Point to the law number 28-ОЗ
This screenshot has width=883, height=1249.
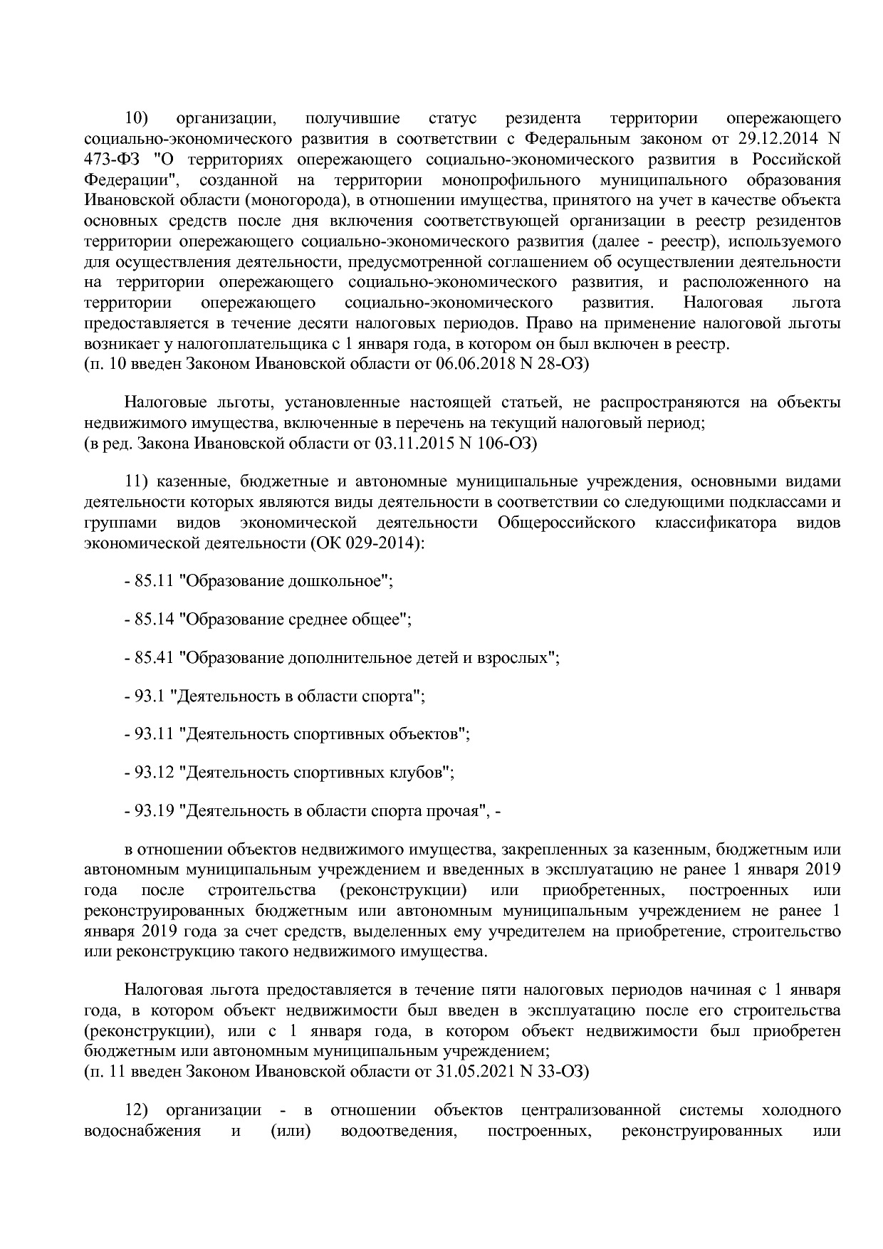click(556, 364)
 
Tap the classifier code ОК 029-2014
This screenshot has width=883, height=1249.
click(367, 543)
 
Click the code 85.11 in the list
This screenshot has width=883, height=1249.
click(155, 580)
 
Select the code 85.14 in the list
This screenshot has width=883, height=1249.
click(155, 619)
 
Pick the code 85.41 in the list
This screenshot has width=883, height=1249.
click(155, 657)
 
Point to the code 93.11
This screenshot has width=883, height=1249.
click(155, 733)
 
